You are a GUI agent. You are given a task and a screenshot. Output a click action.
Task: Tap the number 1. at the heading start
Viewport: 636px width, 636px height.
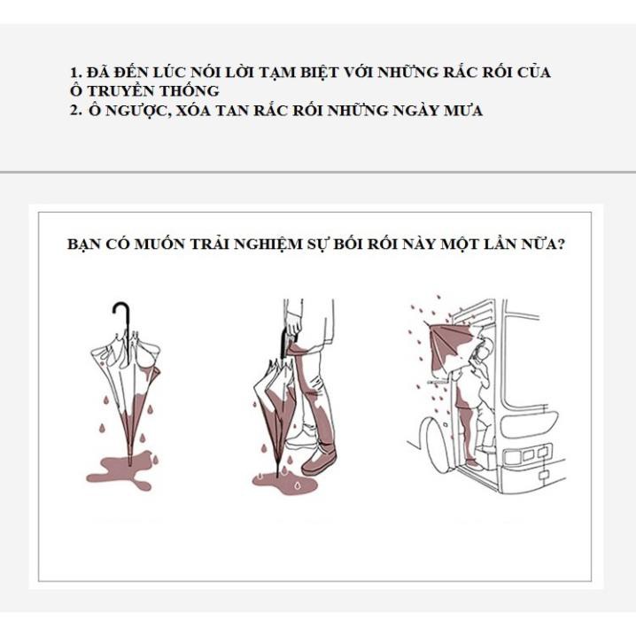click(x=76, y=73)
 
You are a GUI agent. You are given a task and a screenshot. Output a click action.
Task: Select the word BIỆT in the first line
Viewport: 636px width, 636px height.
click(x=320, y=73)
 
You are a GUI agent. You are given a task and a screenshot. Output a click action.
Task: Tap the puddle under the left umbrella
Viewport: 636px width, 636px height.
click(x=121, y=472)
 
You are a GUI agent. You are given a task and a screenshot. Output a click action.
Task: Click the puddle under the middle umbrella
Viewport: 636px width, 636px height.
click(x=284, y=482)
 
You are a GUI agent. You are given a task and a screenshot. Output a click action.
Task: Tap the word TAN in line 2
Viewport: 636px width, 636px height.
click(x=231, y=111)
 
